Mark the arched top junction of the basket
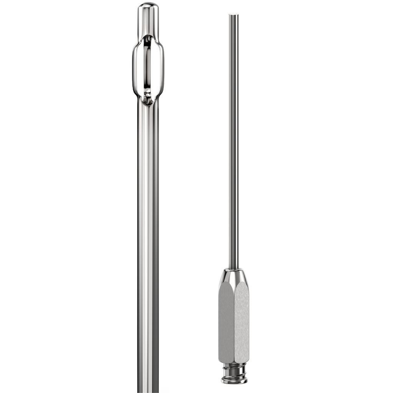[x=148, y=36]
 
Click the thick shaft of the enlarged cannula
[x=148, y=230]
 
